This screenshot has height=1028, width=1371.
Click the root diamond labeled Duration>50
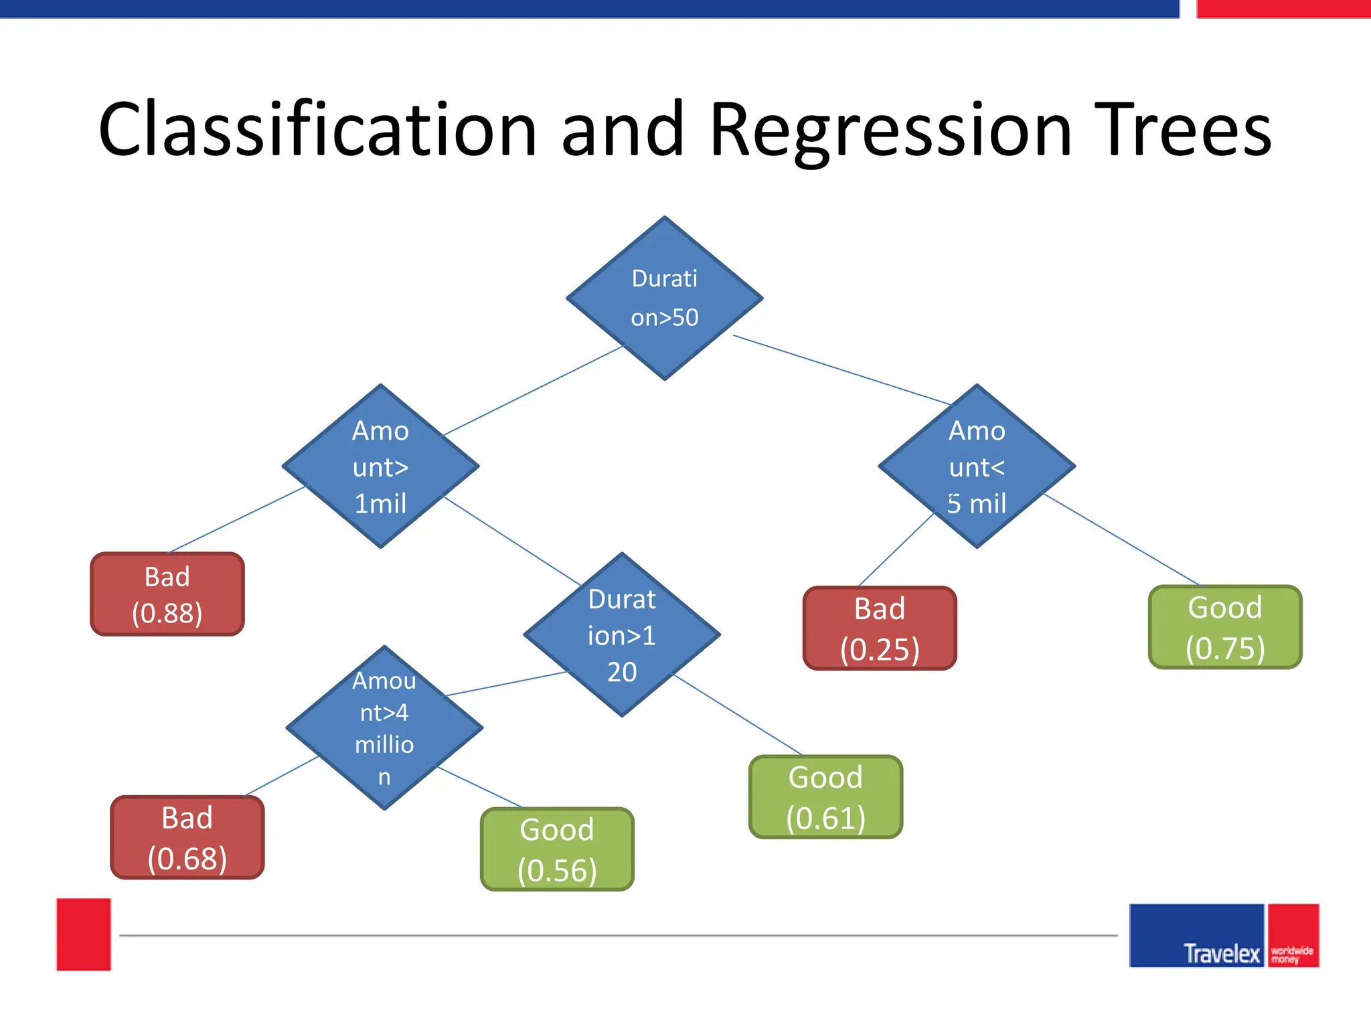pos(664,298)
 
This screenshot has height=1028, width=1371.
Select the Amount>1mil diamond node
pos(380,466)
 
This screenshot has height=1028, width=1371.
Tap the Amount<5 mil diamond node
pos(977,466)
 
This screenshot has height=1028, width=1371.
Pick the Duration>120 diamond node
pos(622,634)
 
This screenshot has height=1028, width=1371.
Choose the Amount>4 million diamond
pos(384,728)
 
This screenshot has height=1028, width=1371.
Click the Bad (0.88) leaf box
pos(167,594)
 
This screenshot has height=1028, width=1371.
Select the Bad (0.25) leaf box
pos(880,628)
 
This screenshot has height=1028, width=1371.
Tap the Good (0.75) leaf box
pos(1225,627)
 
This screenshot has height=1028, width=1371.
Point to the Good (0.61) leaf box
pos(825,797)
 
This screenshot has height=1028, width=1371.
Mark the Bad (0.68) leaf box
pos(187,837)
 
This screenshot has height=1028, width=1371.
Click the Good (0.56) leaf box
pos(557,849)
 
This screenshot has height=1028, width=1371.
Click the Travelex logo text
pos(1221,953)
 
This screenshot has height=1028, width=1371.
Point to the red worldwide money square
pos(1293,936)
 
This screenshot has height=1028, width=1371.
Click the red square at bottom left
pos(84,934)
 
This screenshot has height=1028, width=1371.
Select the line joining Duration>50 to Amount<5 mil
pos(842,370)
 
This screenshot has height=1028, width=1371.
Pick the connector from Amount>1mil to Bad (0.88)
pos(238,519)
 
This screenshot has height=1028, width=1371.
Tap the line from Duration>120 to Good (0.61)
pos(736,714)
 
